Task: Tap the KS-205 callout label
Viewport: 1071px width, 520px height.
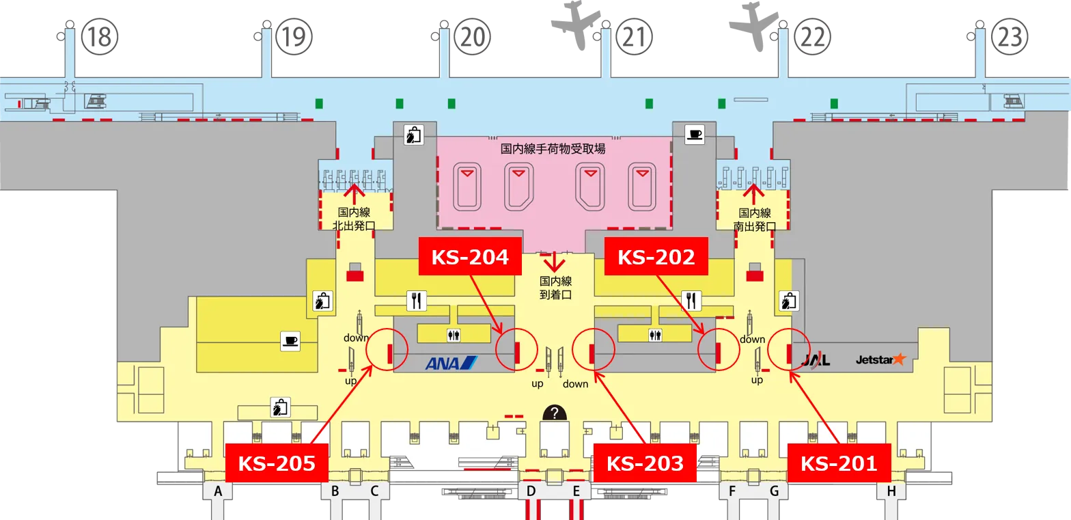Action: coord(277,463)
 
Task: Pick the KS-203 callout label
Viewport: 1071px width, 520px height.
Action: coord(645,463)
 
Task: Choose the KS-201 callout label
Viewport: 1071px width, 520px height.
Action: coord(839,463)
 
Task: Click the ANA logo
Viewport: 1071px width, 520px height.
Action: coord(451,362)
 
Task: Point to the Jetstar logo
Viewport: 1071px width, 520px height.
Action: coord(880,359)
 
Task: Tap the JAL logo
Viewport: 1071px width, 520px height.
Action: coord(816,360)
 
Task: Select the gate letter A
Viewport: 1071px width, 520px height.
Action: coord(219,491)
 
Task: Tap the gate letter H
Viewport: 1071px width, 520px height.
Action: coord(891,491)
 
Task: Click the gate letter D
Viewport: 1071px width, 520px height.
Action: coord(531,491)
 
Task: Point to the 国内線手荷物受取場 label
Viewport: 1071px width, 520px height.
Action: coord(553,148)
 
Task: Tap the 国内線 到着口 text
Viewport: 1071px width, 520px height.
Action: coord(555,288)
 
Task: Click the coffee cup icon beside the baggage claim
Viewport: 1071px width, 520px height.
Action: coord(695,135)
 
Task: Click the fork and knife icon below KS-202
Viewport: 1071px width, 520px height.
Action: coord(692,299)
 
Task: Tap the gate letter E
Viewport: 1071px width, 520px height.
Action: coord(576,491)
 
